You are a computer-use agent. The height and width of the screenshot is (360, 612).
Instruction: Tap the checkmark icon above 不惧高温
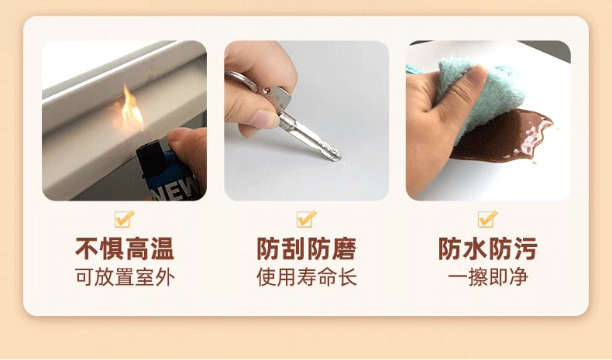[x=125, y=219]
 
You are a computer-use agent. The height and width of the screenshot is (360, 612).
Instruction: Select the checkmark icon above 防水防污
[x=488, y=219]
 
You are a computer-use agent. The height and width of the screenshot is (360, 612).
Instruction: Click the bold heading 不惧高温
[x=125, y=249]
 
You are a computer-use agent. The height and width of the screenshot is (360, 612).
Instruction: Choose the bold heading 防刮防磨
[x=307, y=249]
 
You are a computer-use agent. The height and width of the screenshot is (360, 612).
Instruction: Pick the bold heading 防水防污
[x=488, y=249]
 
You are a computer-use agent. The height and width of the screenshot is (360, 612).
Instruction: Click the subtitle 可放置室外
[x=125, y=277]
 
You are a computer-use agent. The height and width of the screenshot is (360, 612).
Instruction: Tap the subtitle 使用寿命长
[x=307, y=277]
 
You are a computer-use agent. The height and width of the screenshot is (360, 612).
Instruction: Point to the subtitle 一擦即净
[x=488, y=277]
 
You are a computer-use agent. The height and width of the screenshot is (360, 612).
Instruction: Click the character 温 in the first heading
[x=162, y=249]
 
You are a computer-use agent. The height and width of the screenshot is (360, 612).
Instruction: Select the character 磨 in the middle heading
[x=344, y=249]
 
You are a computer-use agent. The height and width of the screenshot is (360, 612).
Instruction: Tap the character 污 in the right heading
[x=526, y=249]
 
